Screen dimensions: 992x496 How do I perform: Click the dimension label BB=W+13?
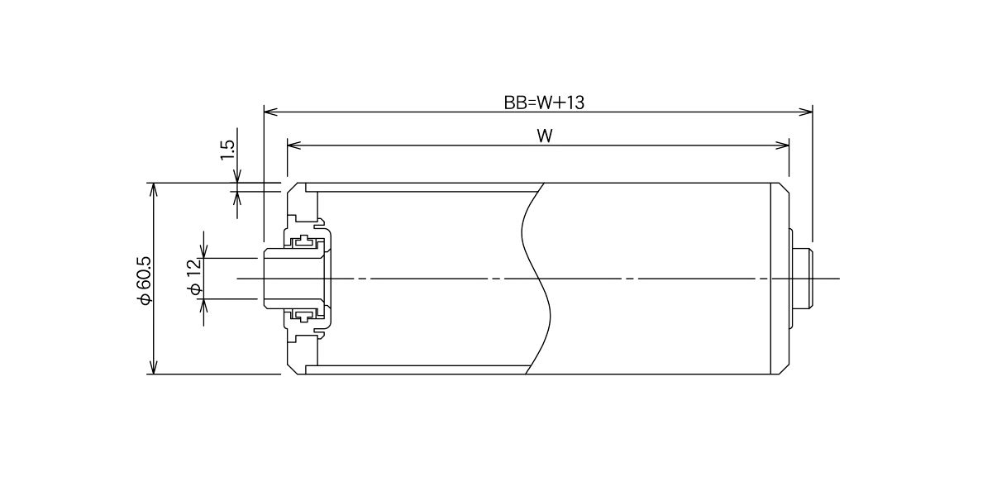(544, 103)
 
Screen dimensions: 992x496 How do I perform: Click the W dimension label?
(545, 136)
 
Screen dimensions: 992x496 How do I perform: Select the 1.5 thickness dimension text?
(227, 150)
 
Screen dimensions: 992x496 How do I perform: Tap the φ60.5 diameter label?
(145, 280)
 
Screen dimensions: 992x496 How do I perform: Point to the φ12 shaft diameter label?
(195, 277)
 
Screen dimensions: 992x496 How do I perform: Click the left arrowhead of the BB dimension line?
(270, 111)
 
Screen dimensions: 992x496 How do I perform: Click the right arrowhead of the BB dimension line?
(805, 111)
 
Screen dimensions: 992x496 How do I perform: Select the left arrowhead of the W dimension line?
(294, 145)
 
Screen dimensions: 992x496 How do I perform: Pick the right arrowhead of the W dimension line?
(782, 145)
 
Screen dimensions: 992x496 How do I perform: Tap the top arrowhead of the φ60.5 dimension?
(153, 189)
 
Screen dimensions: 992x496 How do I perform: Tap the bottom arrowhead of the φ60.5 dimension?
(153, 367)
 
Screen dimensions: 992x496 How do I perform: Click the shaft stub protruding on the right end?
(802, 279)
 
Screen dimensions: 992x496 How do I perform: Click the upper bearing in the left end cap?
(304, 242)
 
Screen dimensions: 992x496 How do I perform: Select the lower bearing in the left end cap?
(304, 315)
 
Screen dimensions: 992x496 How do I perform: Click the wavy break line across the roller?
(537, 279)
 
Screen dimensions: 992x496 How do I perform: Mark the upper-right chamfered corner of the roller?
(785, 188)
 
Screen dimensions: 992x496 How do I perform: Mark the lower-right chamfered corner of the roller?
(785, 370)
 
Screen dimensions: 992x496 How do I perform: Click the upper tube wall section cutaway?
(423, 188)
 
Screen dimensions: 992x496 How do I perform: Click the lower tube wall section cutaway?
(418, 370)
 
